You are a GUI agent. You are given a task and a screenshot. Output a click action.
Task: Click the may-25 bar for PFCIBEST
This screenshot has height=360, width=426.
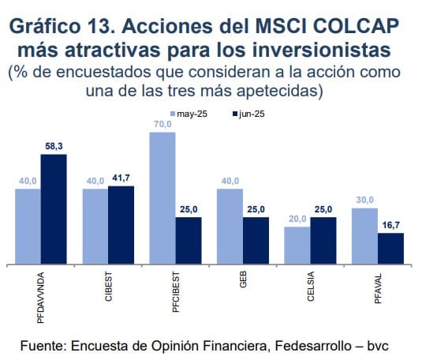click(163, 198)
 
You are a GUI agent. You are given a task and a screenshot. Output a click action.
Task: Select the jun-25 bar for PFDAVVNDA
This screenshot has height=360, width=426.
click(54, 209)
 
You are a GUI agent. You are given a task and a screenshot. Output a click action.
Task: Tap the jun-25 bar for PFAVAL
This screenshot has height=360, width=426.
click(390, 248)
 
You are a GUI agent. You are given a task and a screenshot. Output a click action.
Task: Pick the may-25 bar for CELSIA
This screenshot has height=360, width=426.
click(297, 245)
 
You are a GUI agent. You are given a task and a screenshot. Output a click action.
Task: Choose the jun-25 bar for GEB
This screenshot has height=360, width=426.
click(256, 240)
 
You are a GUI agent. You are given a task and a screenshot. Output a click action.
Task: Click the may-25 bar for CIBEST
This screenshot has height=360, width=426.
click(95, 226)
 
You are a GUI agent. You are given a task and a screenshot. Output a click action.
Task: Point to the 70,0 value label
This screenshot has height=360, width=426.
click(163, 124)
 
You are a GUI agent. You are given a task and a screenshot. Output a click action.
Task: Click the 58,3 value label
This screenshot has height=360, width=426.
click(54, 146)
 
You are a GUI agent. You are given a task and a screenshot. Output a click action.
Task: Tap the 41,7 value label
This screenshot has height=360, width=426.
click(121, 178)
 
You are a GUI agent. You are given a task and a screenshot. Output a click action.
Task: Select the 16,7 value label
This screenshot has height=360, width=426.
click(390, 225)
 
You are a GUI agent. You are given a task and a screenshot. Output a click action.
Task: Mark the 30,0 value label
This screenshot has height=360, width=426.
click(364, 200)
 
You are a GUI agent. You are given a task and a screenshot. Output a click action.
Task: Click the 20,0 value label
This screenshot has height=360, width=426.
click(297, 219)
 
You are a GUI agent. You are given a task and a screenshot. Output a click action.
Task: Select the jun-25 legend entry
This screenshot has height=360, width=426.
click(248, 114)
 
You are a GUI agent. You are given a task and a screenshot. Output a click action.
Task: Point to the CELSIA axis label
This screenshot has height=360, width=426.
click(310, 287)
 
